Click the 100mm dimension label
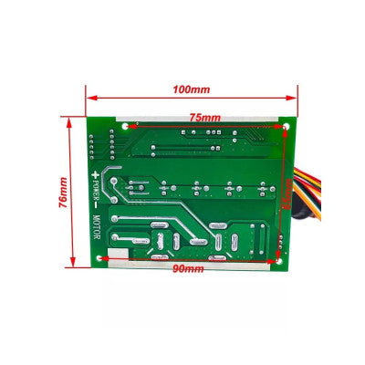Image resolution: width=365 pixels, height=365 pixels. pyautogui.click(x=193, y=89)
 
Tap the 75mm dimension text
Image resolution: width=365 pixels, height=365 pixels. pyautogui.click(x=204, y=118)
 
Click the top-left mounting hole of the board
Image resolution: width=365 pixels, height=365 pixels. pyautogui.click(x=126, y=125)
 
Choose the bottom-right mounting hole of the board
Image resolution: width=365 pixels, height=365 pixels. pyautogui.click(x=277, y=258)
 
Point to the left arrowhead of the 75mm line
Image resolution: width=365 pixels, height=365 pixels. pyautogui.click(x=130, y=125)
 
